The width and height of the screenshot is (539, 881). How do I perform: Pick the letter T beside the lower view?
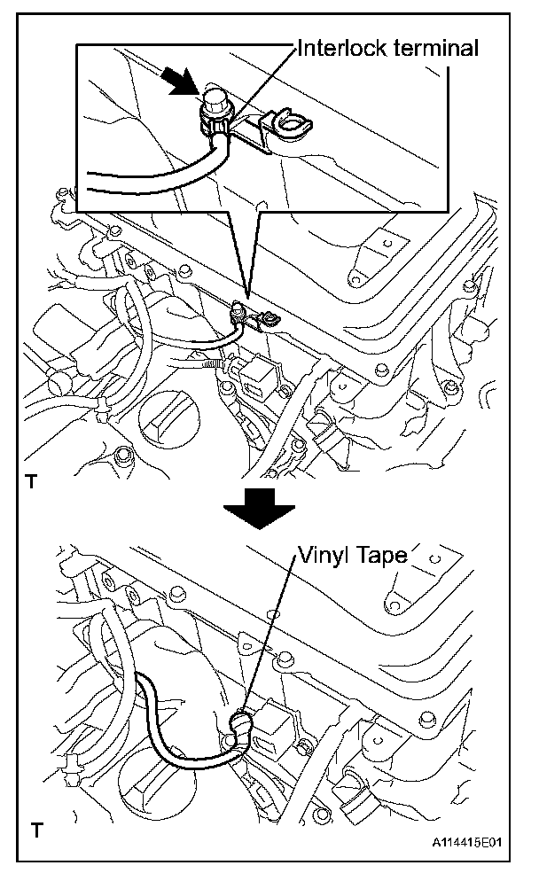pyautogui.click(x=35, y=830)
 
